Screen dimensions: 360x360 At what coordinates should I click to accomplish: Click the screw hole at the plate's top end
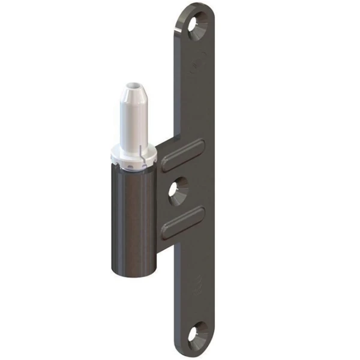pos(197,25)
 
